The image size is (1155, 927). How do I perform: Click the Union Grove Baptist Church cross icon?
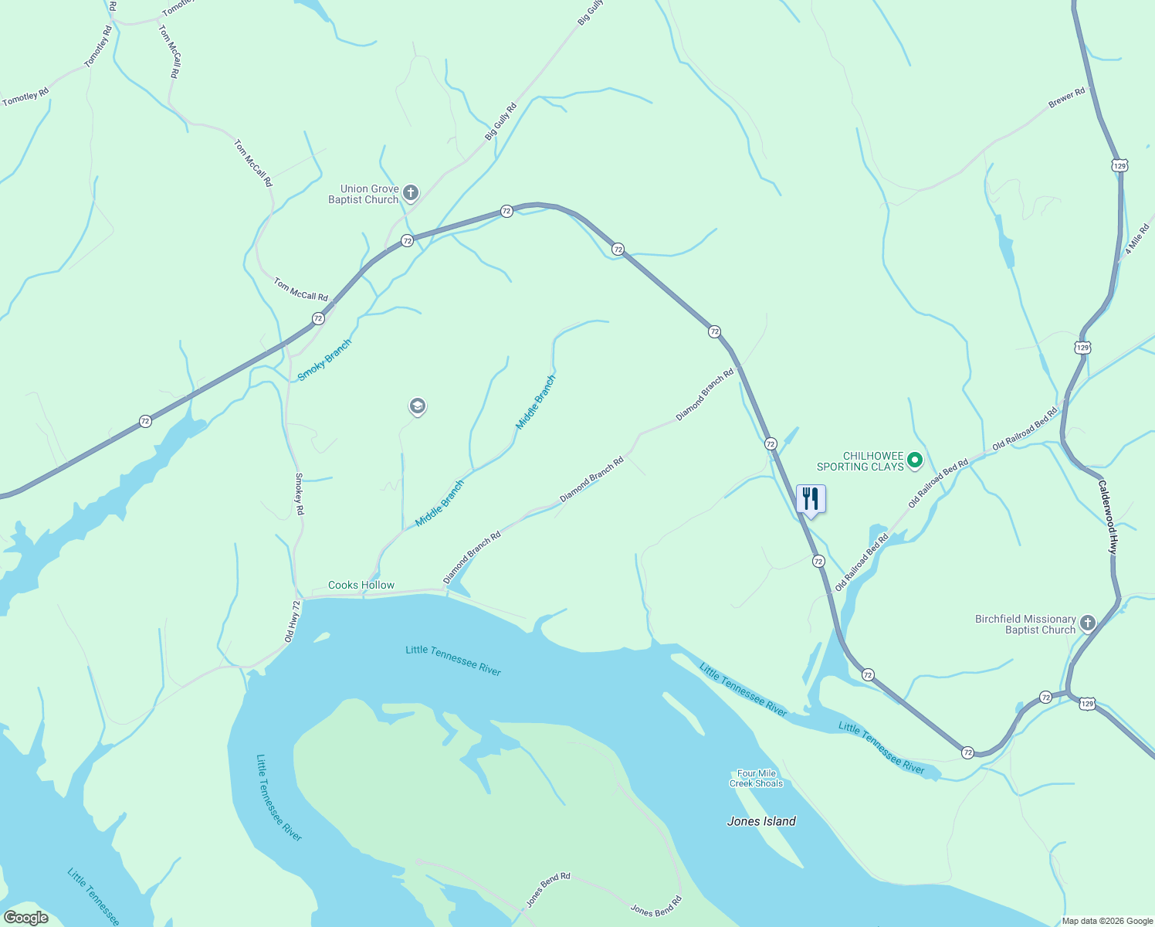tap(411, 192)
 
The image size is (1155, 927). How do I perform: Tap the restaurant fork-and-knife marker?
tap(810, 498)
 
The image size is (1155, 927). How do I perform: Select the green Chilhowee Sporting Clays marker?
tap(915, 461)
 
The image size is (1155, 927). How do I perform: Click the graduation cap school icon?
tap(418, 406)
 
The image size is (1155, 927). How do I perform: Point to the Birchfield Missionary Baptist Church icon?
tap(1088, 623)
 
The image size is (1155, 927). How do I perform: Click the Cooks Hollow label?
tap(361, 585)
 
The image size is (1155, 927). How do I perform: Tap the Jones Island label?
tap(761, 821)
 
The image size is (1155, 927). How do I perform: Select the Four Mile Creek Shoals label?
tap(757, 779)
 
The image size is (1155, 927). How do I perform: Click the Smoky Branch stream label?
tap(324, 360)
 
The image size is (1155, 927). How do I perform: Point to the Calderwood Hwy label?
tap(1108, 517)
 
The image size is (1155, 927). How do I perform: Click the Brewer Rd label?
tap(1067, 97)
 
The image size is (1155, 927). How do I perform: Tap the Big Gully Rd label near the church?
tap(500, 121)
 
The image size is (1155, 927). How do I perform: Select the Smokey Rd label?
tap(299, 494)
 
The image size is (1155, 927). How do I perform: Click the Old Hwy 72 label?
tap(291, 622)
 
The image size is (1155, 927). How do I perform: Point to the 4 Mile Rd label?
tap(1137, 239)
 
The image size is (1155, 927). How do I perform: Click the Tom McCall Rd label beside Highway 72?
tap(301, 290)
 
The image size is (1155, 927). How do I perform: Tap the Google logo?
tap(26, 918)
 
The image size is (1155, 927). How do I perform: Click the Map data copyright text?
tap(1106, 921)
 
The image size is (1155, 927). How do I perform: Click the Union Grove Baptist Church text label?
tap(364, 194)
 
